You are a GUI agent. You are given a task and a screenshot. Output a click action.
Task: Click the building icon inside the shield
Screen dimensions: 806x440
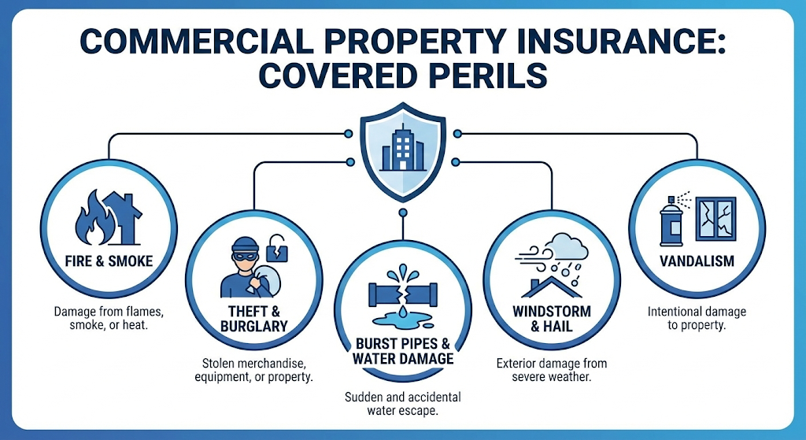(403, 147)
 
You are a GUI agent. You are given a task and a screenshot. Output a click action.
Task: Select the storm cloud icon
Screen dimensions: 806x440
(567, 246)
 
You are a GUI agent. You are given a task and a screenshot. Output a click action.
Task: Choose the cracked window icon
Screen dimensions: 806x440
(715, 219)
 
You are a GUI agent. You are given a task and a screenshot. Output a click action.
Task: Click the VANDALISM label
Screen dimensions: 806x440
(697, 261)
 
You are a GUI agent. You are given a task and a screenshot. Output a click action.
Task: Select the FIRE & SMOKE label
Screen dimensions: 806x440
(109, 261)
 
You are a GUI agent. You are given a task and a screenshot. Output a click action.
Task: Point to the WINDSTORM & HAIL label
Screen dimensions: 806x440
(552, 319)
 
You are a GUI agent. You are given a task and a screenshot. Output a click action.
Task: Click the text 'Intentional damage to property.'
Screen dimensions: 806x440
(697, 318)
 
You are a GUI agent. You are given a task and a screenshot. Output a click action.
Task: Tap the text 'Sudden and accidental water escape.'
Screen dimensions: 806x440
(403, 404)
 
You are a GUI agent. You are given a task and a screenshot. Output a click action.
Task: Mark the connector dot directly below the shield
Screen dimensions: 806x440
(403, 213)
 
